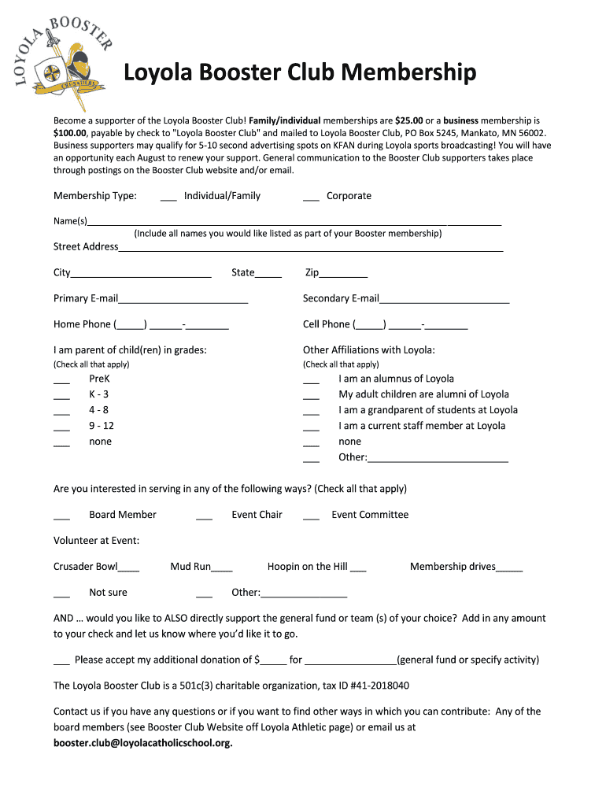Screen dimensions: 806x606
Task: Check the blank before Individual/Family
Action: (x=168, y=197)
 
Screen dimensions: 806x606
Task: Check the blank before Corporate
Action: (x=311, y=197)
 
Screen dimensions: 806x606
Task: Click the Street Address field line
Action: (x=310, y=249)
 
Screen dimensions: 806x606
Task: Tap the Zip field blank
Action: (x=343, y=275)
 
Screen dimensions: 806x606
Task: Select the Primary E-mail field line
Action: (x=183, y=301)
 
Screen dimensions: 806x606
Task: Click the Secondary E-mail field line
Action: (x=444, y=301)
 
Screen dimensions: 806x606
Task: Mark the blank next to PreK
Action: (x=62, y=381)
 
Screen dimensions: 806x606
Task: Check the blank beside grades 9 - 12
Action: (x=62, y=428)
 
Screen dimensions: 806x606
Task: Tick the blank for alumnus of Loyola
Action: (x=311, y=381)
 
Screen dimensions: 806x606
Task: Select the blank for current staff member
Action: (x=311, y=428)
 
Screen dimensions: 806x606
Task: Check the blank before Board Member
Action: (x=62, y=517)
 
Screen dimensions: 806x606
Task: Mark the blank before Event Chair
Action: (x=204, y=517)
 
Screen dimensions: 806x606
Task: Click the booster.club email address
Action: (x=142, y=743)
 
